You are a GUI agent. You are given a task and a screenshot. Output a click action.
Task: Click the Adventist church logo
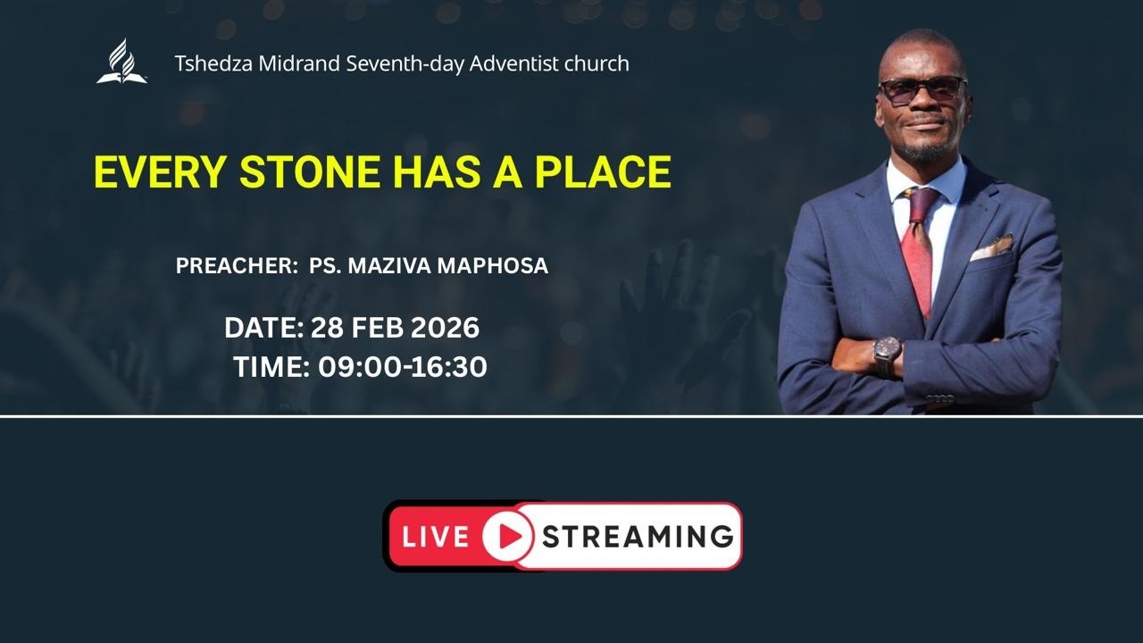click(x=121, y=63)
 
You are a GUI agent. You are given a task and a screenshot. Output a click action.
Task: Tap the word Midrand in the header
click(x=285, y=64)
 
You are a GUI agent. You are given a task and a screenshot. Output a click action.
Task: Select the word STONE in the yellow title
click(x=310, y=172)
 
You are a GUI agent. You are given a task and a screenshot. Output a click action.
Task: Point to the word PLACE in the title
click(x=603, y=172)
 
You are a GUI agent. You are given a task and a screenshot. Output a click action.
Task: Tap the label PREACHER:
click(x=236, y=266)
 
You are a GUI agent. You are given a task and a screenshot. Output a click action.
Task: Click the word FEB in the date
click(x=377, y=328)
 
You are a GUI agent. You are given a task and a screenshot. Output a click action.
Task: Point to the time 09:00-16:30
click(x=402, y=366)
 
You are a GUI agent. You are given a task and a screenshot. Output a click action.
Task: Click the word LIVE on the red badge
click(x=435, y=537)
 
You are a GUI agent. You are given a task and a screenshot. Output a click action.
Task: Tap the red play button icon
click(x=508, y=536)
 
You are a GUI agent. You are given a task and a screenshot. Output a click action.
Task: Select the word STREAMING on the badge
click(x=637, y=537)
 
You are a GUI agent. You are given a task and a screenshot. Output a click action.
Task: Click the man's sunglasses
click(x=922, y=88)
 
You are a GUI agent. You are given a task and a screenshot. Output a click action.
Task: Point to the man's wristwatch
click(x=887, y=354)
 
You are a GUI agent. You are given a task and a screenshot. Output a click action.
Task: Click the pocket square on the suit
click(x=992, y=246)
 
